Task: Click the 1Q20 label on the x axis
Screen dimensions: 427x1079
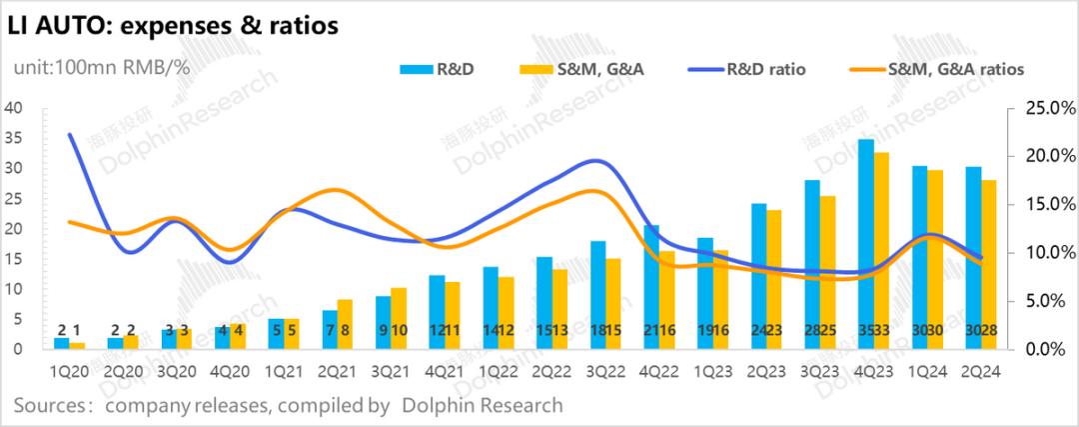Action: click(x=69, y=371)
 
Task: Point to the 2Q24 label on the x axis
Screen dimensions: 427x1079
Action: click(x=981, y=371)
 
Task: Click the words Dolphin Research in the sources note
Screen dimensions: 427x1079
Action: click(x=483, y=406)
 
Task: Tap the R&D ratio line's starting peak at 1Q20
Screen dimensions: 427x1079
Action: click(x=69, y=134)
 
